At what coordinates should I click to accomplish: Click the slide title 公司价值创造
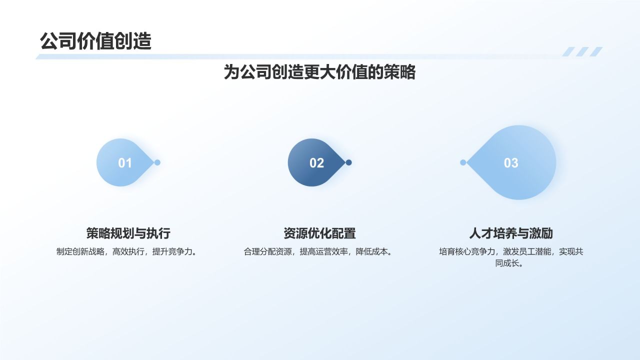pos(95,41)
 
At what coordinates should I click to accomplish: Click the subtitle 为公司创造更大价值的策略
pos(319,72)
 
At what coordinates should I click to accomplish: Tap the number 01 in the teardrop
pos(125,163)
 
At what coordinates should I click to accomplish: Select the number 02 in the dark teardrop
pos(316,163)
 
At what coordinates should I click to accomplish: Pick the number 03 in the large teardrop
pos(511,163)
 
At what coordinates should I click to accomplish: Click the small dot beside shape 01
pos(157,162)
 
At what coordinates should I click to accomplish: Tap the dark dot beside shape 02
pos(349,162)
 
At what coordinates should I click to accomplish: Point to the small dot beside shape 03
pos(463,162)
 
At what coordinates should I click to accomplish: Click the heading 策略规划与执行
pos(128,233)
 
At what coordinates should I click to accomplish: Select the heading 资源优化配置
pos(319,233)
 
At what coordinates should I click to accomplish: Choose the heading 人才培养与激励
pos(511,233)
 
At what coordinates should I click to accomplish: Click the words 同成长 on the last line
pos(507,263)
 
